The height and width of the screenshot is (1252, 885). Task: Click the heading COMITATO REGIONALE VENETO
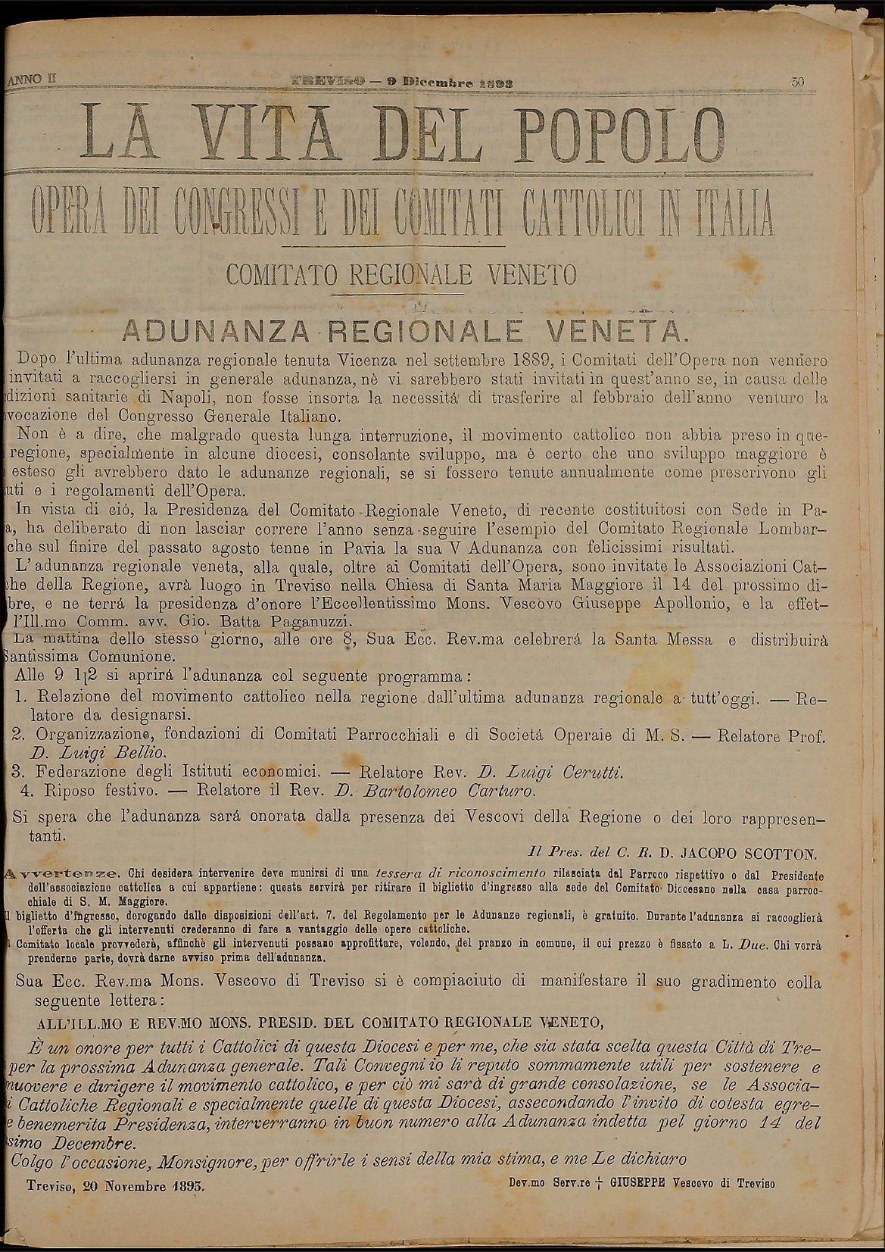(401, 273)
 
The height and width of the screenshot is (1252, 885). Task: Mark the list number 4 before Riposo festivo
(26, 791)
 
